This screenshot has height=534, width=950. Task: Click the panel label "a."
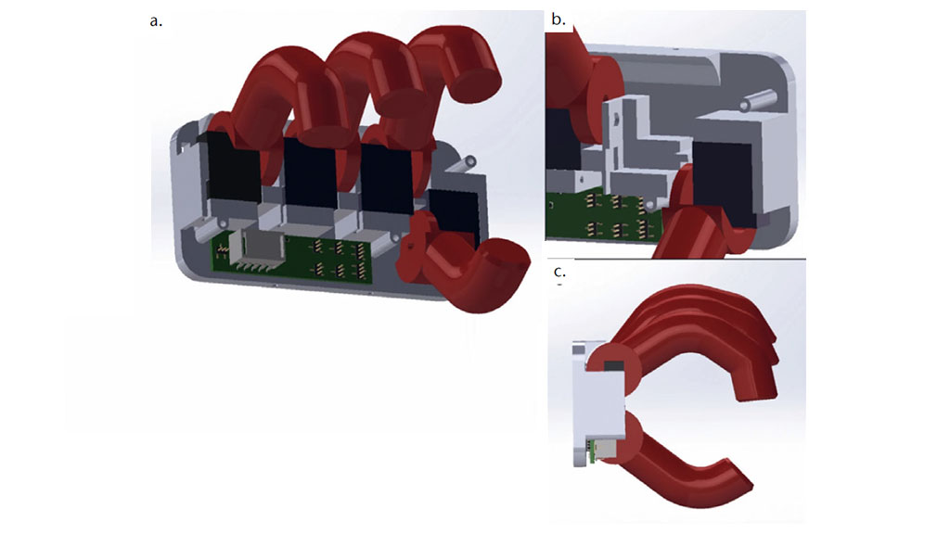tap(156, 21)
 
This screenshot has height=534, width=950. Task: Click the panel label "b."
tap(558, 19)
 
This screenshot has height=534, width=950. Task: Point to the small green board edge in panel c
tap(603, 451)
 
